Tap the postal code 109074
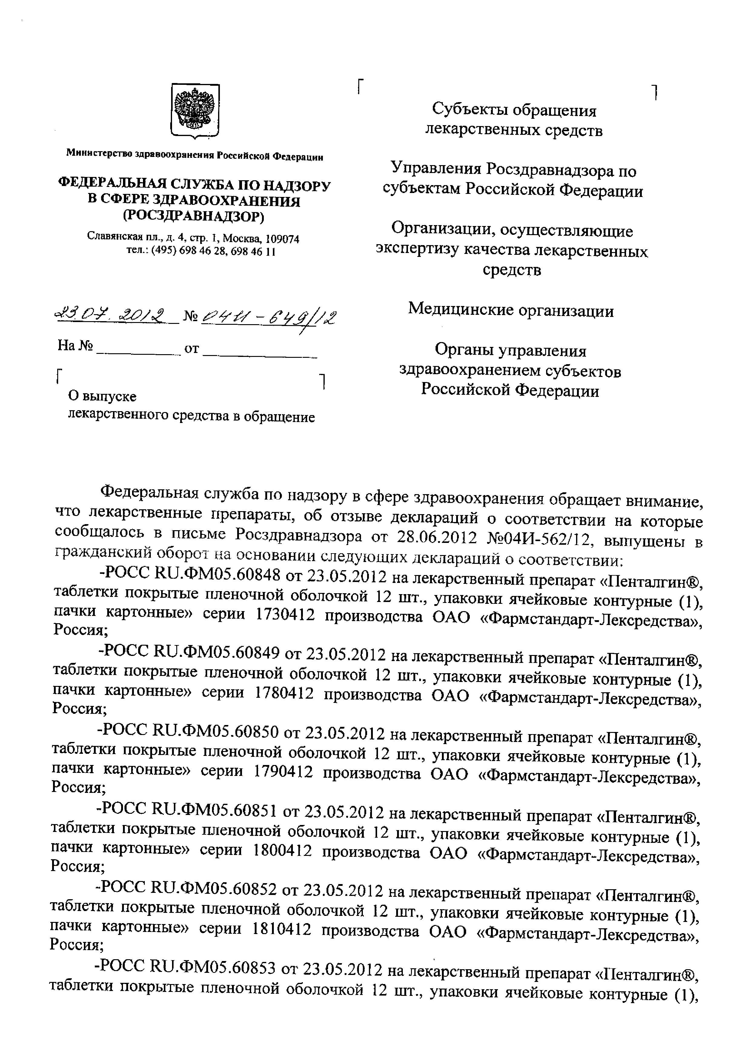coord(283,239)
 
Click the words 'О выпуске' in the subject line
coord(102,396)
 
